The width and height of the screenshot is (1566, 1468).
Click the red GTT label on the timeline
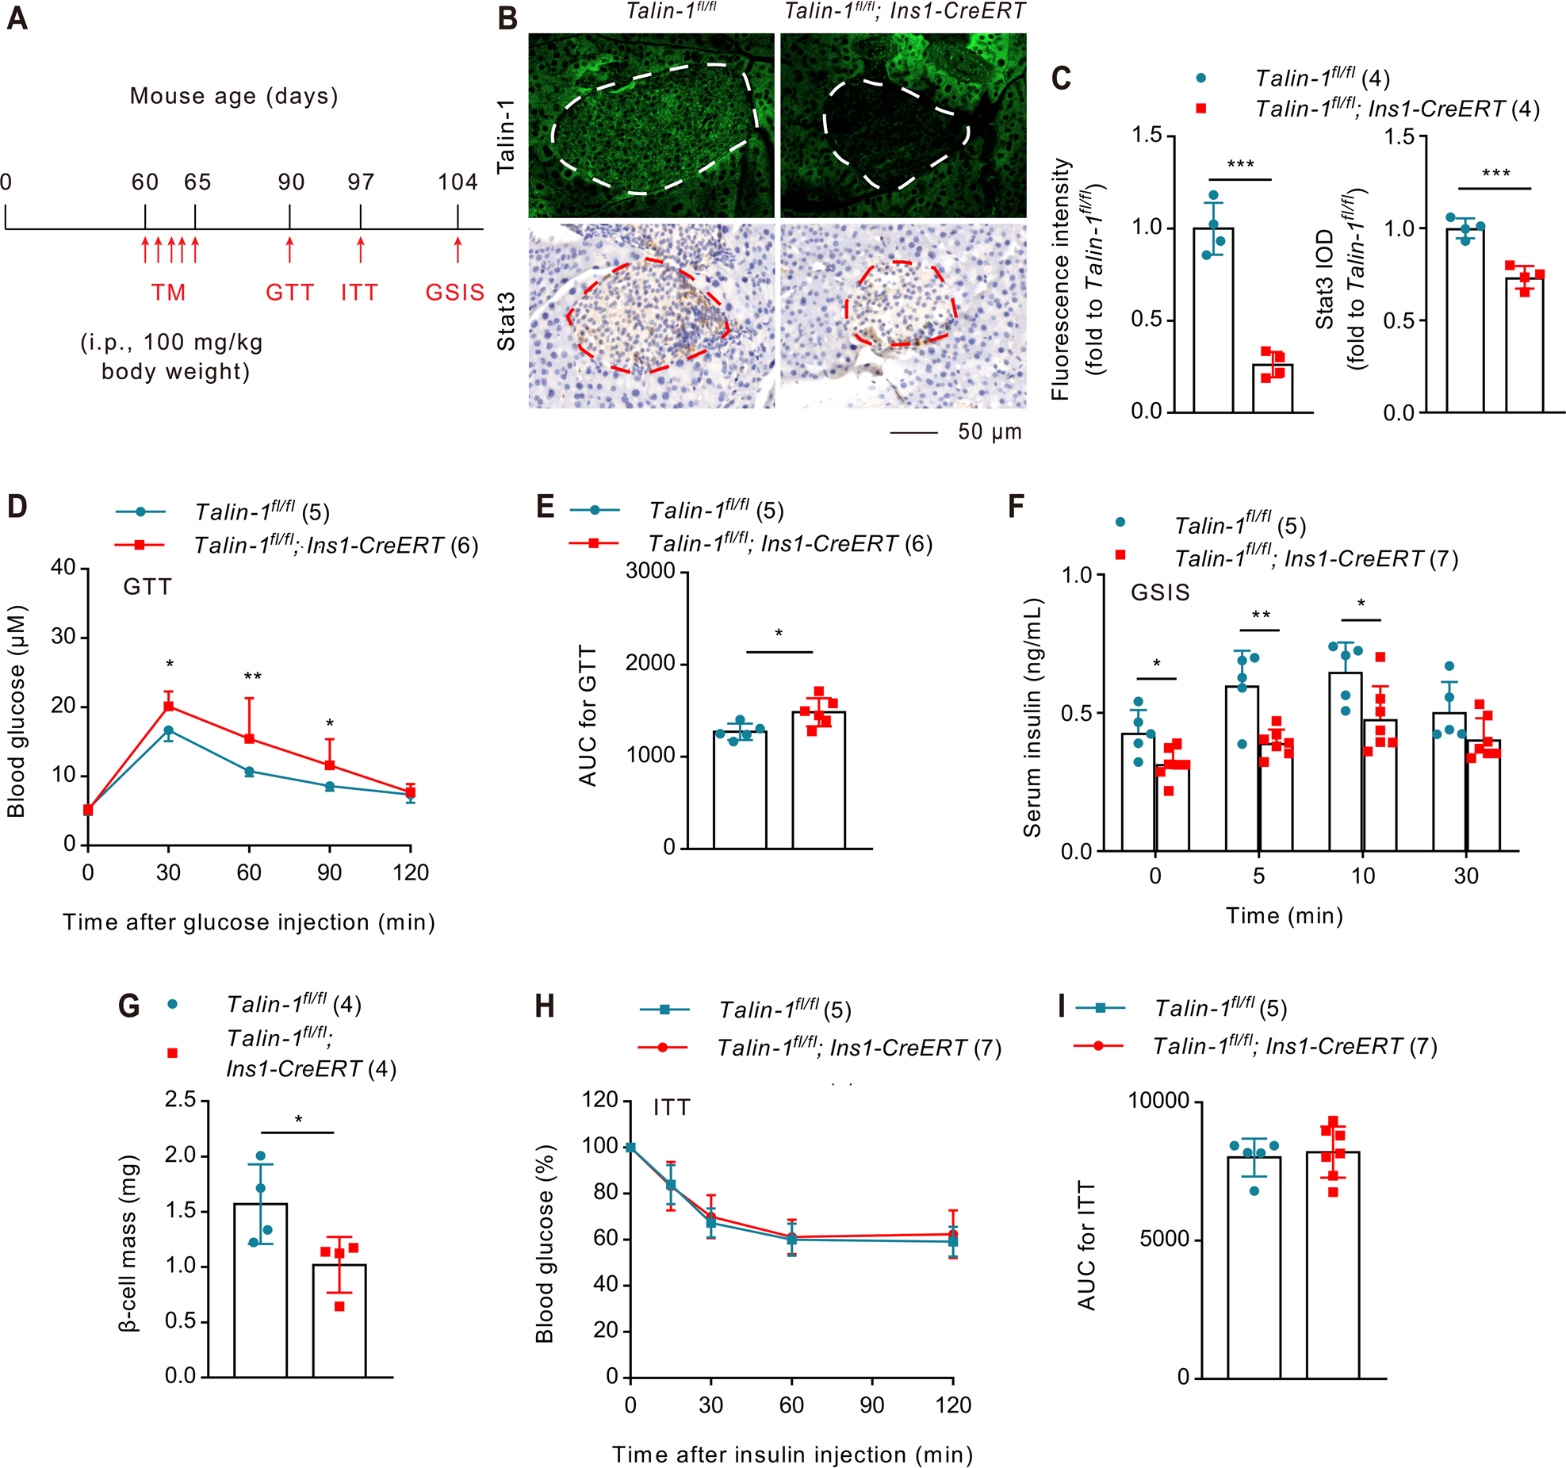[x=289, y=293]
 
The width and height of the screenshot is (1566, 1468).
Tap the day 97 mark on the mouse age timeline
[x=360, y=182]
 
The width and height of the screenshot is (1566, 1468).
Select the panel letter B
[x=507, y=18]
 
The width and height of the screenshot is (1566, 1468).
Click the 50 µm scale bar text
[x=990, y=432]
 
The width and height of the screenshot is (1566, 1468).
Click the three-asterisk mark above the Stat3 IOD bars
[x=1495, y=173]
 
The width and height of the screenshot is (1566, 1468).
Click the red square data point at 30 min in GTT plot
[x=168, y=706]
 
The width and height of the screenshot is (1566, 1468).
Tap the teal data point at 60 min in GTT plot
[x=249, y=772]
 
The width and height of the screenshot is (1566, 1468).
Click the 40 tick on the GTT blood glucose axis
[x=63, y=568]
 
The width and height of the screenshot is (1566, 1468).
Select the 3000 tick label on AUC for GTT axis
[x=649, y=572]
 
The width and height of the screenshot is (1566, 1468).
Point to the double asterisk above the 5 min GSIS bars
[x=1260, y=615]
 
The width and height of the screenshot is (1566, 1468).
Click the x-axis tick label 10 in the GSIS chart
[x=1362, y=876]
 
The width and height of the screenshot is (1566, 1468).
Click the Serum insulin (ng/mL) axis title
[x=1032, y=718]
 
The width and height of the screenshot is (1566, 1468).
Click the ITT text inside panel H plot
[x=672, y=1108]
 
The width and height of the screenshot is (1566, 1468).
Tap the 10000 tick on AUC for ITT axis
[x=1158, y=1101]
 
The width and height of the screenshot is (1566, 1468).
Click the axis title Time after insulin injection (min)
[x=792, y=1455]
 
